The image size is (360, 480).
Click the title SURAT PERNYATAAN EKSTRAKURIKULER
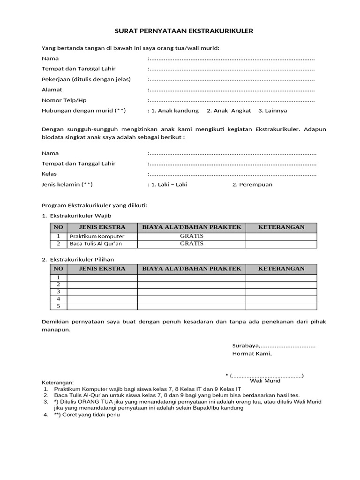[184, 31]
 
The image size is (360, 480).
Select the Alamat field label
[52, 90]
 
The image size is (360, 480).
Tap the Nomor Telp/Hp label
[64, 100]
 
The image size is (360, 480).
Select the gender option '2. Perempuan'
[252, 185]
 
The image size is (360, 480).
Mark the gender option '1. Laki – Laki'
[169, 185]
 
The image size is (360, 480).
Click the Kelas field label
[49, 174]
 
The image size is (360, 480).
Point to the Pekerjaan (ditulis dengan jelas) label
[86, 79]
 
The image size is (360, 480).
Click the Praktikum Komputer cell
[97, 237]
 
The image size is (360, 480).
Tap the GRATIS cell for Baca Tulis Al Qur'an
[191, 244]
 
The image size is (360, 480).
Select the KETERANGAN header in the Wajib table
[281, 227]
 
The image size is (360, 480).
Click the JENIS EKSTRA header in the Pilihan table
[102, 269]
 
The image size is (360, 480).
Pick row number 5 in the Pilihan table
[59, 306]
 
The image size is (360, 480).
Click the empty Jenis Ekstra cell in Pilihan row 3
[102, 292]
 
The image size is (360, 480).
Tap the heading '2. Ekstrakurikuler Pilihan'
[78, 259]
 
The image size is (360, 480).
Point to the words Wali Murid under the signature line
[265, 381]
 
